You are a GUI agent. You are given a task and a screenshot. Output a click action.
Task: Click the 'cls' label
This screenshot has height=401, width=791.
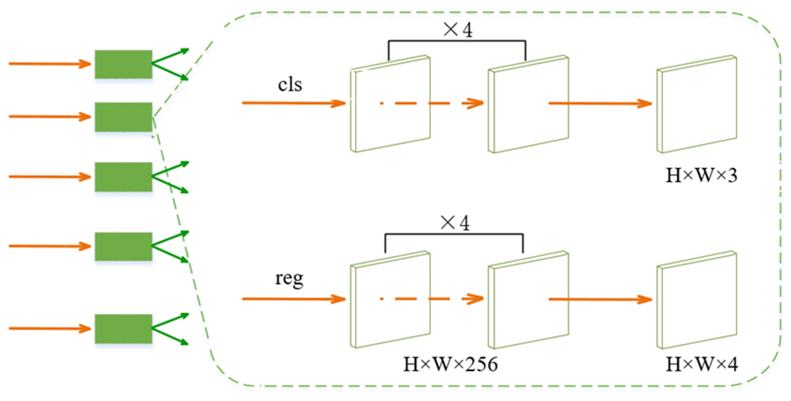click(290, 84)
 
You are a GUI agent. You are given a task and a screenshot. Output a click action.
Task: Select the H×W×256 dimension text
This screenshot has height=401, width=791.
click(450, 365)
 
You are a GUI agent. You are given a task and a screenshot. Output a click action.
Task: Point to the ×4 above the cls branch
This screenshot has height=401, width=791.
click(458, 30)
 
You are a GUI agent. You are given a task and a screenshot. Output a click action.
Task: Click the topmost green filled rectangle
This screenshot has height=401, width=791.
click(123, 64)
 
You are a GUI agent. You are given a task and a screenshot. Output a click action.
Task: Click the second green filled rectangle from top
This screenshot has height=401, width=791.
click(123, 117)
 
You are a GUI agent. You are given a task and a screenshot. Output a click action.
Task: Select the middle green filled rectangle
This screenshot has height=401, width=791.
click(123, 177)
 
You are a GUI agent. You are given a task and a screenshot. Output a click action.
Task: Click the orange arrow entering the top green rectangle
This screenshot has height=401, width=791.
click(49, 64)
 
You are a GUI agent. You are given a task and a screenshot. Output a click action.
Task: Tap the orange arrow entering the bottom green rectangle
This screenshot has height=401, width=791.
click(49, 328)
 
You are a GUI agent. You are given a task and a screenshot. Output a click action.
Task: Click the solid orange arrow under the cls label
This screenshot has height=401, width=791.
click(293, 103)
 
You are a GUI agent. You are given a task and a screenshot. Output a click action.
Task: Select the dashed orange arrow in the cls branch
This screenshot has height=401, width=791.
click(430, 103)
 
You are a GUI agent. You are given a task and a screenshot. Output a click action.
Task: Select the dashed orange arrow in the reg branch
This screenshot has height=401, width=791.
click(430, 299)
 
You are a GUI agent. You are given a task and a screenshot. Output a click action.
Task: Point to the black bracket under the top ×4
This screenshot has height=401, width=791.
click(457, 41)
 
